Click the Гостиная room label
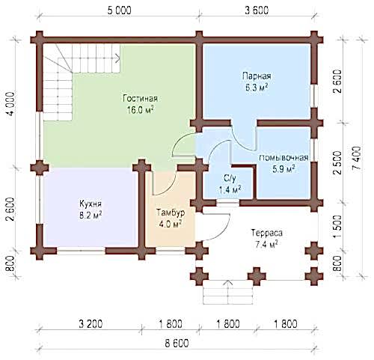coord(141,98)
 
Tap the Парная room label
coord(257,76)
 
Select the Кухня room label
coord(91,204)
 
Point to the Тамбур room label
coord(171,213)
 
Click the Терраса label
coord(267,233)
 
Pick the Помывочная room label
coord(283,158)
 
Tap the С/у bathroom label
coord(230,178)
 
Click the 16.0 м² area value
coord(141,110)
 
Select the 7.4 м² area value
coord(267,244)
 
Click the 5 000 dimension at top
coord(119,10)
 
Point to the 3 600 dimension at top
coord(257,10)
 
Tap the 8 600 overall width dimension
coord(177,344)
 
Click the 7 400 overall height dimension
coord(356,158)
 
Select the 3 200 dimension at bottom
coord(91,324)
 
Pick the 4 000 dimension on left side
coord(10,105)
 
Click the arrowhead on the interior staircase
coord(118,58)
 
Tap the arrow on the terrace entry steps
coord(227,290)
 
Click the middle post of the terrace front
coord(257,276)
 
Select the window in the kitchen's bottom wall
coord(81,251)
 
